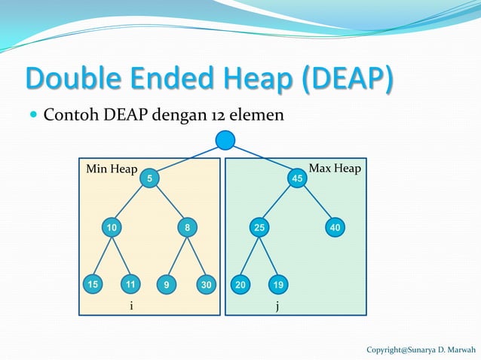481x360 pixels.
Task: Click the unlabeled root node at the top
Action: click(x=225, y=140)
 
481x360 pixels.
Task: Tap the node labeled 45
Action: click(x=298, y=178)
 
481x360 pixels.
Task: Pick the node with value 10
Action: click(x=112, y=227)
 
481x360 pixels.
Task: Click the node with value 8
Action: click(x=186, y=227)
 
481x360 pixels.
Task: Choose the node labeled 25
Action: click(x=259, y=227)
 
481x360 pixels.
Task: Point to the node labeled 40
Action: click(x=335, y=227)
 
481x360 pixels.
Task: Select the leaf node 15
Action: click(x=92, y=285)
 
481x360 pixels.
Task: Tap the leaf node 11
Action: click(x=131, y=285)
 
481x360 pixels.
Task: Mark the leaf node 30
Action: click(x=206, y=285)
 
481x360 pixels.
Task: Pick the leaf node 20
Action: click(x=240, y=285)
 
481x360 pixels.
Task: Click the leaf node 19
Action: click(x=279, y=285)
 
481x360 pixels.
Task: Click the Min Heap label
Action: click(x=112, y=169)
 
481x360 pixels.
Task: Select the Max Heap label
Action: click(x=335, y=168)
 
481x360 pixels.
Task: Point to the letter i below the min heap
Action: click(x=131, y=306)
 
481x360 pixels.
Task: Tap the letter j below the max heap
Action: click(x=277, y=307)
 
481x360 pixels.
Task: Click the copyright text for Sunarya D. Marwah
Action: click(x=421, y=350)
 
